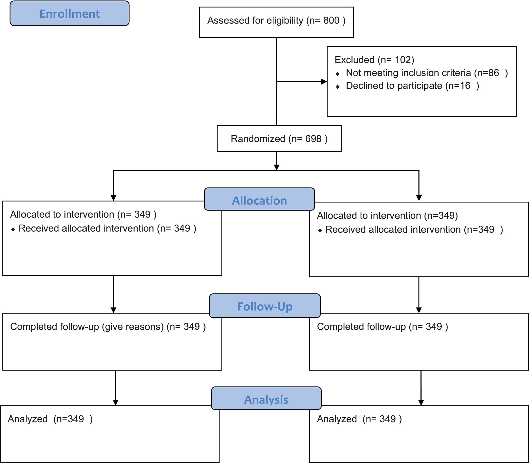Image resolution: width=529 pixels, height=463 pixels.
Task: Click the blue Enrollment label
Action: click(70, 14)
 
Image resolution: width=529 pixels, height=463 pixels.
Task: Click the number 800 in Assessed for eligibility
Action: click(331, 21)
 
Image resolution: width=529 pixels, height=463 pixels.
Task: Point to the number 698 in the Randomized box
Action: click(313, 139)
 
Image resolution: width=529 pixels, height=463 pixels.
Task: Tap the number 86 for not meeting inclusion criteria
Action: click(494, 73)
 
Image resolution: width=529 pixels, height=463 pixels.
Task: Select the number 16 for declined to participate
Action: click(465, 86)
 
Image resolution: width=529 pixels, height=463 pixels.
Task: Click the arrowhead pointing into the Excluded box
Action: click(324, 82)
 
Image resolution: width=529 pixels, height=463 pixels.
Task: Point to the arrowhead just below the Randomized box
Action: click(277, 167)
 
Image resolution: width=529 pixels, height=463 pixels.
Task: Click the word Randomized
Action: click(258, 139)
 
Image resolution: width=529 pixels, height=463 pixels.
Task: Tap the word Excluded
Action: click(355, 60)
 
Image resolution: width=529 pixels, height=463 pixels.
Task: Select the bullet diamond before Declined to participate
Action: click(338, 87)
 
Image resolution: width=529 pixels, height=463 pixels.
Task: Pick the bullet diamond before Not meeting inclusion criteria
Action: click(338, 74)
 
